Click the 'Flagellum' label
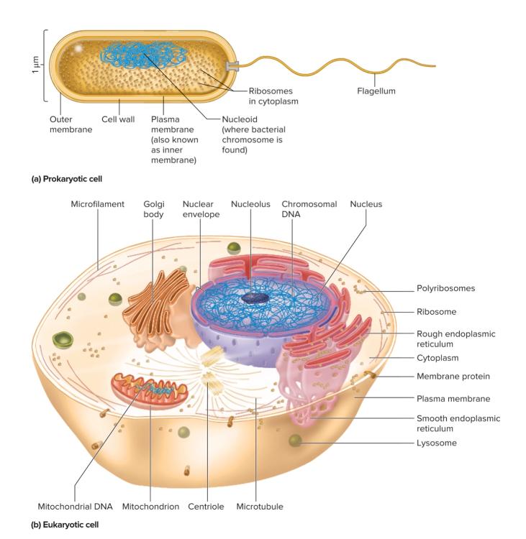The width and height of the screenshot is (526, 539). tap(376, 91)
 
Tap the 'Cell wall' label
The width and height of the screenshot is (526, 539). tap(117, 119)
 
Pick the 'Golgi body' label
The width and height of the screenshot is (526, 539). tap(153, 209)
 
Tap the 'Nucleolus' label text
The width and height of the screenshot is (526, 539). tap(250, 204)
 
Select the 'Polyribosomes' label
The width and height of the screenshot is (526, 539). tap(445, 289)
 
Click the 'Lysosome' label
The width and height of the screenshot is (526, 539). tap(436, 443)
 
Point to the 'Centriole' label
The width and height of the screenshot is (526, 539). tap(206, 507)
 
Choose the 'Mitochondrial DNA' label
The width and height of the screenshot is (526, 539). tap(75, 507)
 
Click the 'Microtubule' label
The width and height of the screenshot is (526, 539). tap(259, 507)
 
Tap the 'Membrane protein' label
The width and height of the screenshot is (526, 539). tap(453, 376)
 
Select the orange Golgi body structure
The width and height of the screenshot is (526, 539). tap(153, 305)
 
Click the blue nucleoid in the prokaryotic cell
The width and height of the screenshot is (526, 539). tap(144, 55)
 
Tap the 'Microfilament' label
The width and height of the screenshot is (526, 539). tap(97, 204)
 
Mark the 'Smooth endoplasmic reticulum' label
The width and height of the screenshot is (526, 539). tap(458, 423)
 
